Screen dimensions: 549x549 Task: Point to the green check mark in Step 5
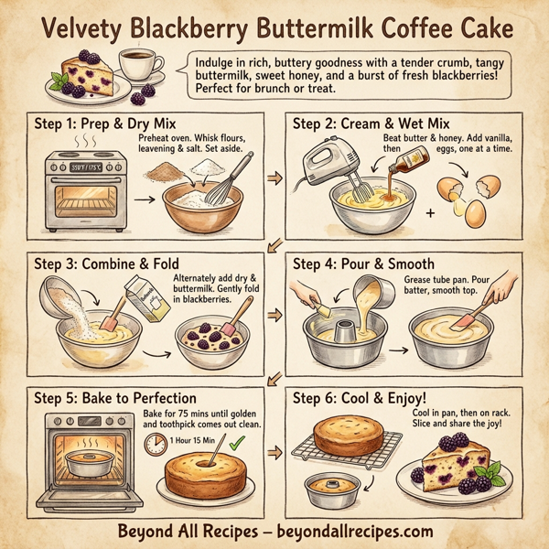239,442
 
